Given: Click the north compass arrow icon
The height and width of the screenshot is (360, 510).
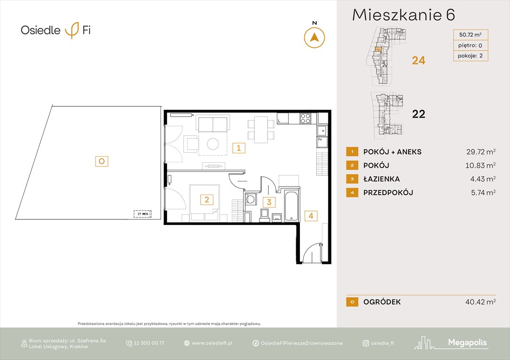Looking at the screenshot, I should (x=314, y=37).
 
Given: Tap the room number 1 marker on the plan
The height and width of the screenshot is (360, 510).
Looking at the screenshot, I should (x=238, y=149).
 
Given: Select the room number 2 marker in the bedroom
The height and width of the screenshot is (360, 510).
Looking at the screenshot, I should (x=206, y=200).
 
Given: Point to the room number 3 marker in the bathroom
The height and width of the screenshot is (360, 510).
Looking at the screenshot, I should (x=269, y=202).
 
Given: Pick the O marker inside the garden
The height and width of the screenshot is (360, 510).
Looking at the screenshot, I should (x=102, y=161).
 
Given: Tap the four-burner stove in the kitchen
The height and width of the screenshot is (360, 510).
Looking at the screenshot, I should (x=305, y=119).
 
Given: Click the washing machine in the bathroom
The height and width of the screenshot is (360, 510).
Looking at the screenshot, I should (x=251, y=200).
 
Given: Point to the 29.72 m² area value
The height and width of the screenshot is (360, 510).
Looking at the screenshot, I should (x=478, y=152).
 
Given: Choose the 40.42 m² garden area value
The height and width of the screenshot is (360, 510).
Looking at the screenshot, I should (x=478, y=302).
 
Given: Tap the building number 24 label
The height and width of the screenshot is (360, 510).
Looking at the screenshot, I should (x=418, y=60).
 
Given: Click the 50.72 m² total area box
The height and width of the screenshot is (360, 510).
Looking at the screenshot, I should (x=470, y=34).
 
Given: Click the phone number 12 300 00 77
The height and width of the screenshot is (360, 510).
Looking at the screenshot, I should (x=149, y=343).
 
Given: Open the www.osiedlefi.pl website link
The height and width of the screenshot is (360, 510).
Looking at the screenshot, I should (x=212, y=343).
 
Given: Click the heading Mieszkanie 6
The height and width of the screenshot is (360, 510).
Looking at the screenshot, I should (x=403, y=15).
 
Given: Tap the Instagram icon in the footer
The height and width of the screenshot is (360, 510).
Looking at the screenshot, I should (x=365, y=343).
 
